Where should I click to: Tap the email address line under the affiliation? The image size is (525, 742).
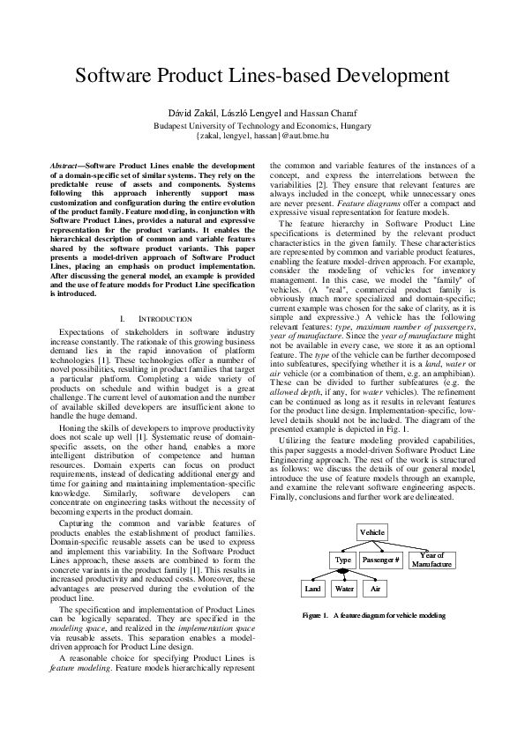coord(262,137)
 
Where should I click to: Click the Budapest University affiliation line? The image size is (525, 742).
coord(262,126)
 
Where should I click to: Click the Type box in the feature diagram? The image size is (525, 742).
coord(344,560)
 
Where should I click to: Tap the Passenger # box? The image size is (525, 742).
coord(381,560)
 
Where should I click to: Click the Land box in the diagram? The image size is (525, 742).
coord(313,589)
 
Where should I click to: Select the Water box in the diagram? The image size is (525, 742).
coord(345,589)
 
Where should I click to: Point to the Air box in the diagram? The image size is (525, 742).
coord(375,589)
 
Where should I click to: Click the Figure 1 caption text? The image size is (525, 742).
coord(373,615)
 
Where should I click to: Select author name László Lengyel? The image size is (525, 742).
coord(251,115)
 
